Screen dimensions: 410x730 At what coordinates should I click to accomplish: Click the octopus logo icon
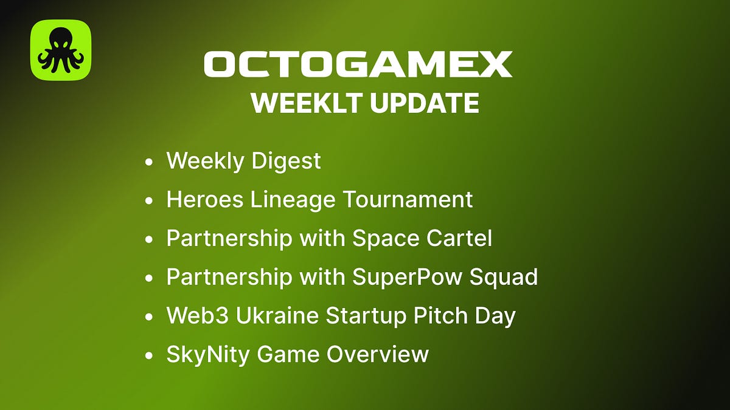[x=61, y=50]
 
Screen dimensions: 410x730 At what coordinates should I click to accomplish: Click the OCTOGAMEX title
[x=358, y=64]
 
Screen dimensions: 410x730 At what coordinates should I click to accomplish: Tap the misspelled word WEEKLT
[x=306, y=103]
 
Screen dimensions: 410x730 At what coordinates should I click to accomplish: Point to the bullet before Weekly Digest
[x=149, y=163]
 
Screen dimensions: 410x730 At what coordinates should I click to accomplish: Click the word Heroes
[x=203, y=199]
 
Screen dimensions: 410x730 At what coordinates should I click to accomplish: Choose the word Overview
[x=377, y=354]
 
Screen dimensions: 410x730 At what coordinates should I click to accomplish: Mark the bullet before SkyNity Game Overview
[x=149, y=355]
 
